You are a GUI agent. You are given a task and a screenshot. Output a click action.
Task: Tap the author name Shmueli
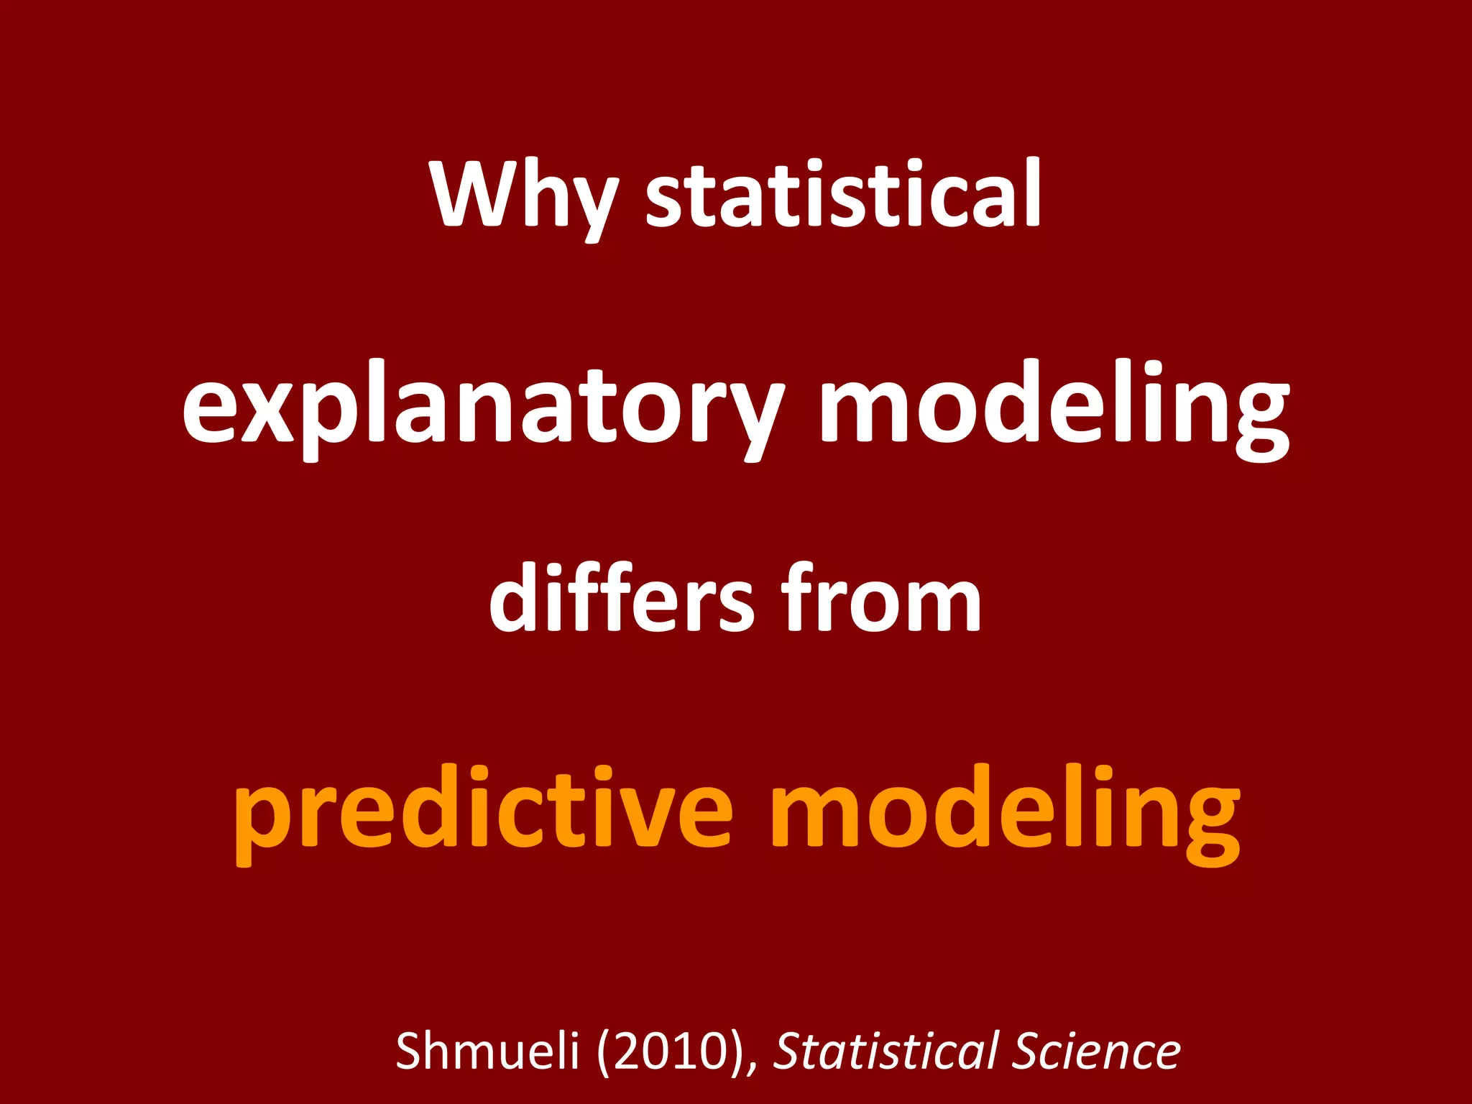(487, 1051)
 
